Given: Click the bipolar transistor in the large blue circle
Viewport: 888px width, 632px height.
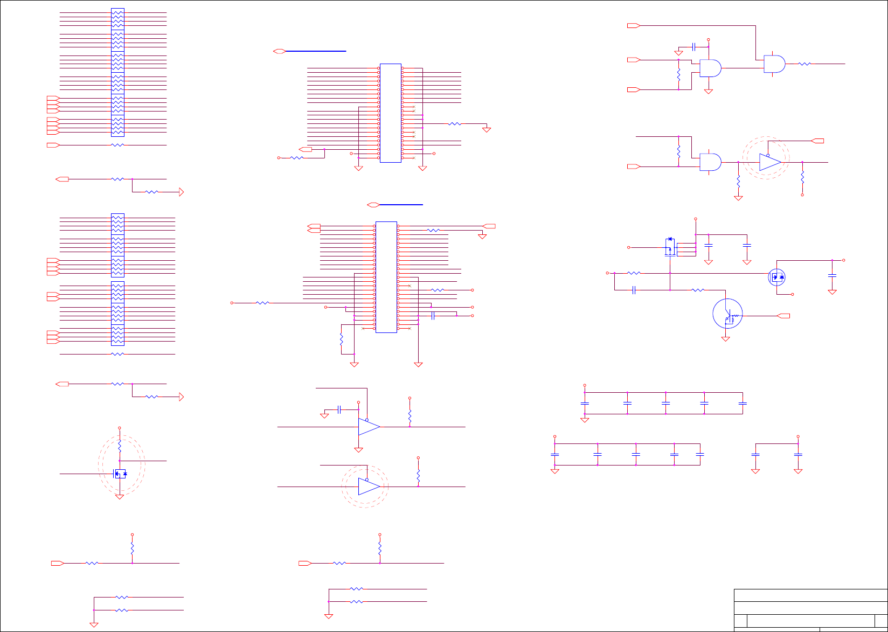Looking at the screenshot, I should (727, 314).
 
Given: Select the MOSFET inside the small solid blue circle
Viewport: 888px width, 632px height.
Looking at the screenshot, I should (776, 277).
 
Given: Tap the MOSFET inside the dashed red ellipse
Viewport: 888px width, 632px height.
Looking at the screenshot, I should (120, 474).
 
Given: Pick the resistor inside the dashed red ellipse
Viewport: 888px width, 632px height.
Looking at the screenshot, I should (120, 447).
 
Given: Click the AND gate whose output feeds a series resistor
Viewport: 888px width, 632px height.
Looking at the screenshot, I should (774, 64).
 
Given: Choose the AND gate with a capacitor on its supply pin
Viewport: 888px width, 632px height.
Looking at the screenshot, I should (710, 68).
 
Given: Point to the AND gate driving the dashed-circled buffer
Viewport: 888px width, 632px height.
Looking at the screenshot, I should (710, 162).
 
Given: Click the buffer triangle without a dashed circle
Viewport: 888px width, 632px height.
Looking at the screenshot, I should (369, 427).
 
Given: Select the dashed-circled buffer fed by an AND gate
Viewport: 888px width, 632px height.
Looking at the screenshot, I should (769, 162).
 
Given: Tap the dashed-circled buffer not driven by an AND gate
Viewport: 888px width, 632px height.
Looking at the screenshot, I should (369, 487).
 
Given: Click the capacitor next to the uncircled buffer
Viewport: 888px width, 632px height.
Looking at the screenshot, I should (339, 410).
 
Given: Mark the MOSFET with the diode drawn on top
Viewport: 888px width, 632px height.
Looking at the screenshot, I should (670, 247).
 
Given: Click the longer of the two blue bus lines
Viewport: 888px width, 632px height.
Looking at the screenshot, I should (316, 51).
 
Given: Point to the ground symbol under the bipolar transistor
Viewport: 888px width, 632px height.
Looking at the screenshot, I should (726, 339).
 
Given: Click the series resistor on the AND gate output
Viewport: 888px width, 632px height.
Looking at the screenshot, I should (804, 64).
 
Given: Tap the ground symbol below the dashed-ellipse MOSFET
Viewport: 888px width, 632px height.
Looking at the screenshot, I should (120, 497).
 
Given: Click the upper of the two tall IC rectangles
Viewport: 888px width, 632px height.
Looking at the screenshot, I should (391, 113).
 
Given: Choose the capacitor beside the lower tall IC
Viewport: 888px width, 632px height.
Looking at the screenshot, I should (433, 315).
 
